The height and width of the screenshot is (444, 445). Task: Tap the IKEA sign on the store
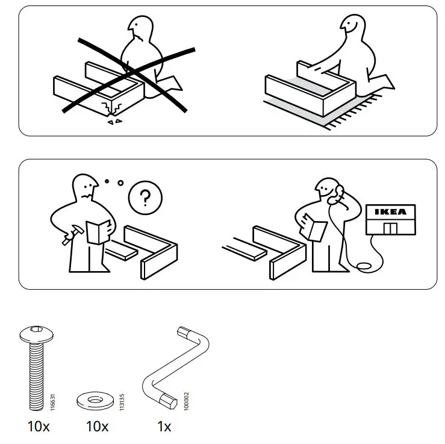point(390,211)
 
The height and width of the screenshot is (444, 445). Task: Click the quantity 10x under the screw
point(39,427)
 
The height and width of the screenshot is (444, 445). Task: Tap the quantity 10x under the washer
point(97,427)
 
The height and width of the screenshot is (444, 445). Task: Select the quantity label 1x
point(164,427)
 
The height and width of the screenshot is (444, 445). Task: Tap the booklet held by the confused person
point(98,232)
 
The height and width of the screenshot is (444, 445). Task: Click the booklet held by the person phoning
point(315,228)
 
